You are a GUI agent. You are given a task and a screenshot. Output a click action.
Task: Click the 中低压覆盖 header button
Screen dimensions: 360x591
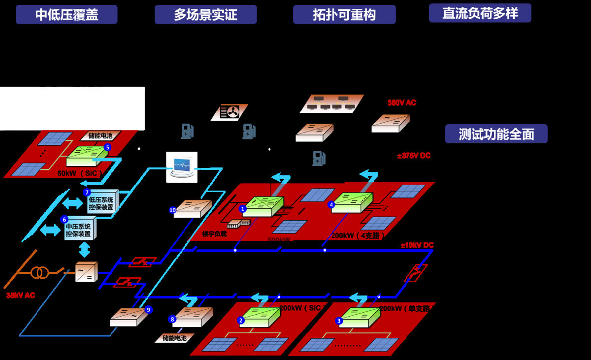pos(66,15)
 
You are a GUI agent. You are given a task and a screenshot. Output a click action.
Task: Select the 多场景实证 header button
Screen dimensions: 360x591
pos(205,15)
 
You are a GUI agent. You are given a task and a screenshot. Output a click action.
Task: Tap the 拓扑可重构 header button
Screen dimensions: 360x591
pos(344,15)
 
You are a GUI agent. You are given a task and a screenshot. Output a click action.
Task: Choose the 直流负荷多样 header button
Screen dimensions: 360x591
pos(480,13)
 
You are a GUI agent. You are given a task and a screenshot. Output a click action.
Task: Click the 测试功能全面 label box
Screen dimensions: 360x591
pos(496,134)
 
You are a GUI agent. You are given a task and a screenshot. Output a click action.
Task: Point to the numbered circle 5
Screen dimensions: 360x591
pos(107,147)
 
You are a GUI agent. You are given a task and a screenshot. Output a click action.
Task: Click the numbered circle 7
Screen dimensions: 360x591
pos(87,193)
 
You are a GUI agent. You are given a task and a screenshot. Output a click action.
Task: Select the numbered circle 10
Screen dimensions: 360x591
pos(172,210)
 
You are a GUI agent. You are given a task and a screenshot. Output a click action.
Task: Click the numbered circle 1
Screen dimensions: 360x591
pos(242,209)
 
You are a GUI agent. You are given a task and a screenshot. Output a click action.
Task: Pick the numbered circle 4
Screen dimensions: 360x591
pos(331,204)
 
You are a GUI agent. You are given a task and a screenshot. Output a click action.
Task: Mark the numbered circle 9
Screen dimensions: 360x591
pos(148,310)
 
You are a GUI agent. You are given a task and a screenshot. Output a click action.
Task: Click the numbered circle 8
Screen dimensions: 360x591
pos(172,319)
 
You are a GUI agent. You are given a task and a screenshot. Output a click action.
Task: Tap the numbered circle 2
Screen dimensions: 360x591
pos(241,320)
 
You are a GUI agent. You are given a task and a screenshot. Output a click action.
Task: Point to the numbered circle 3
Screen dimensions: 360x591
pos(339,321)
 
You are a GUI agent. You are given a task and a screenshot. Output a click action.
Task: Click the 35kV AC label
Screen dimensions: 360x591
pos(21,295)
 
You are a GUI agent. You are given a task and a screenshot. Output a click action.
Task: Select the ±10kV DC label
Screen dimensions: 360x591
pos(417,245)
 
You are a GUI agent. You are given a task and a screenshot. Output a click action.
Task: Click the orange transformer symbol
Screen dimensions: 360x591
pos(39,272)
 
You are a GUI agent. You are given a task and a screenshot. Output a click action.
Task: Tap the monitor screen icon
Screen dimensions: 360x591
pos(181,166)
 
